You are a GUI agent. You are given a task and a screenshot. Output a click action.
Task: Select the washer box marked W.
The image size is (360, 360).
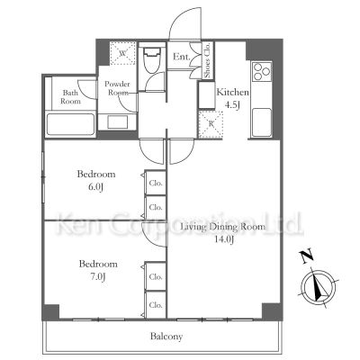(121, 54)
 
